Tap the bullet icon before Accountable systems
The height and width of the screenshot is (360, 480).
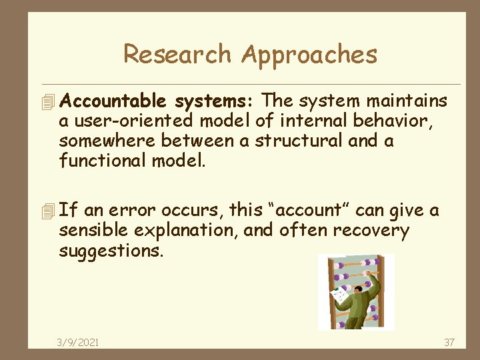pos(46,102)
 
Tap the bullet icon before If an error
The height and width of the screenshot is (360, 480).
pos(46,211)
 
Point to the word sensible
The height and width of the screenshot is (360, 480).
pos(89,231)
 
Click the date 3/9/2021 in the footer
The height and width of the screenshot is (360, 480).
pos(78,342)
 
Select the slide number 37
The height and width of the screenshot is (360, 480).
pos(449,342)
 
